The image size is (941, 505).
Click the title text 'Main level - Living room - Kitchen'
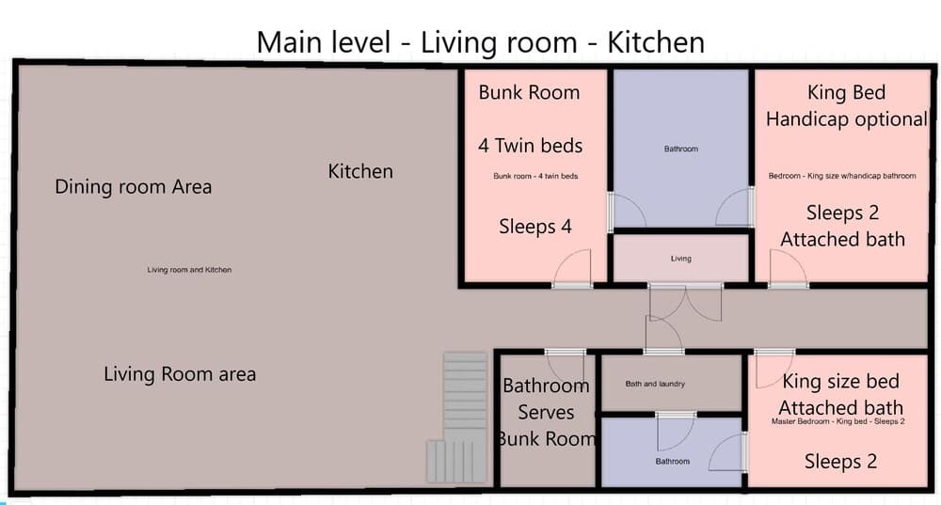point(480,42)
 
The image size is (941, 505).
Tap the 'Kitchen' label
point(360,171)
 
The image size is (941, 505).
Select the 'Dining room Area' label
point(134,186)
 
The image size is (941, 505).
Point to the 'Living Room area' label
point(180,374)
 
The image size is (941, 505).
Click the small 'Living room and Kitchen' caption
point(189,270)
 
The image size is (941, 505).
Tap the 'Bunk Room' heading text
point(529,92)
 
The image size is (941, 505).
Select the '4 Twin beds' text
point(531,146)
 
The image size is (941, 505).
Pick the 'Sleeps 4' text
point(535,227)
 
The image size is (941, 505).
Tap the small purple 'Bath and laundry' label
point(655,384)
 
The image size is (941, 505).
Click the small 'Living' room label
point(680,259)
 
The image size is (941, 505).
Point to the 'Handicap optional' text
point(847,119)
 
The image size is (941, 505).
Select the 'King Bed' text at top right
point(846,92)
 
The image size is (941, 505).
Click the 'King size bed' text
point(840,382)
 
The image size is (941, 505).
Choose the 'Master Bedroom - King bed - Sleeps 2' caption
point(837,421)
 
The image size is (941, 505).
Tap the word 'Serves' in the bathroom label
point(546,413)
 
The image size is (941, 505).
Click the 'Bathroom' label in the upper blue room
point(681,149)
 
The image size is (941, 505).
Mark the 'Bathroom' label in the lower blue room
point(672,461)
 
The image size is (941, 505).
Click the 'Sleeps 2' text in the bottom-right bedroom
point(840,462)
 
